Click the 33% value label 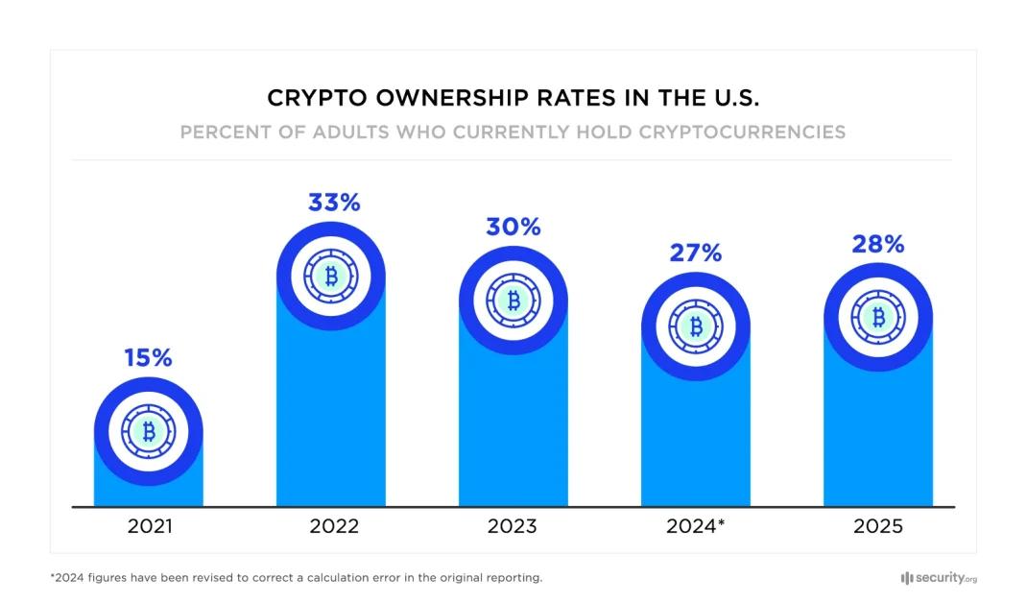click(333, 203)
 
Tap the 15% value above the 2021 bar click(148, 358)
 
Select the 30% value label click(513, 228)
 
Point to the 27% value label click(696, 253)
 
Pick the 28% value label click(877, 244)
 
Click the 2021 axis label click(149, 526)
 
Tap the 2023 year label click(513, 526)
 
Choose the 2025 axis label click(877, 526)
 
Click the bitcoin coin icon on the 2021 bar click(149, 431)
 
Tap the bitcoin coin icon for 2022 click(331, 277)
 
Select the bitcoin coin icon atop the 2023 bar click(513, 301)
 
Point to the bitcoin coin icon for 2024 click(696, 326)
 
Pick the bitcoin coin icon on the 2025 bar click(877, 317)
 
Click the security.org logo click(939, 578)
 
